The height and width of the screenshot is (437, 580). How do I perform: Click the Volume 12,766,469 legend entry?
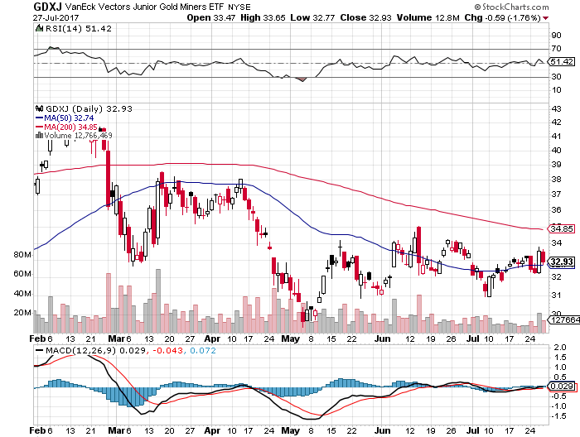coord(75,136)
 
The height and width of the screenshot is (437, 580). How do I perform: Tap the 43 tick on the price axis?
coord(556,108)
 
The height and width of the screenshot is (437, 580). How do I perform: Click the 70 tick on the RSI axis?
coord(557,49)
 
